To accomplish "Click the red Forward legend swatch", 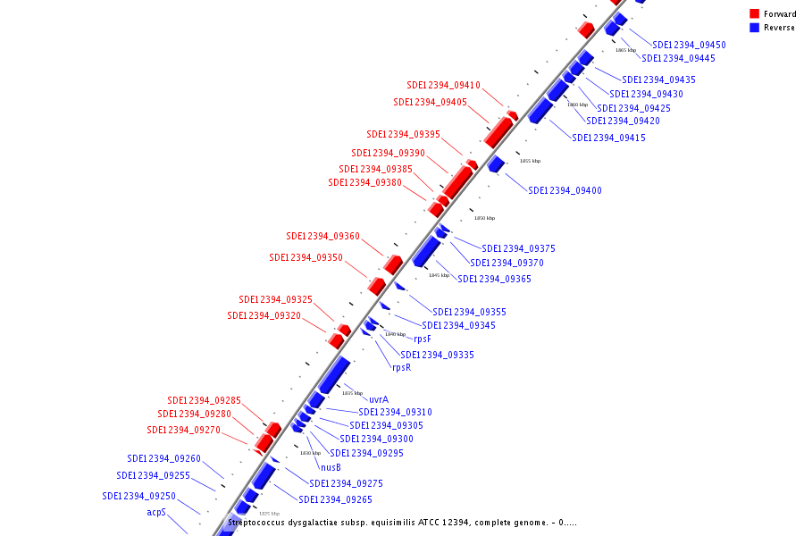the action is pos(755,13).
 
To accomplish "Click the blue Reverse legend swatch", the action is pos(755,28).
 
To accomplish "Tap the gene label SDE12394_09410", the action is pos(443,86).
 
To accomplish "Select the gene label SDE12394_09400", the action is pos(565,190).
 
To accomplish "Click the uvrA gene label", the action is pos(379,399).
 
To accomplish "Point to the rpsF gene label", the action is pos(423,339).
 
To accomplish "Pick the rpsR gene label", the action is pos(402,367).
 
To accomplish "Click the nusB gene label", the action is pos(331,467).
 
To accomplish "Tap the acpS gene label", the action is pos(156,513).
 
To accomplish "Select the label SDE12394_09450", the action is pos(689,45).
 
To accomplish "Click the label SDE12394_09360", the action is pos(322,237).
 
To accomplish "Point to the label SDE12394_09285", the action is pos(204,401).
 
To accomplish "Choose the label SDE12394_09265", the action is pos(335,499).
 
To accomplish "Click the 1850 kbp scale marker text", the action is pos(484,218).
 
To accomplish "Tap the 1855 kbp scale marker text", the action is pos(530,162).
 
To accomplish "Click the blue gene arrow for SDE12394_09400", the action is pos(496,163).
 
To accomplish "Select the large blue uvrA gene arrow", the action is pos(334,373).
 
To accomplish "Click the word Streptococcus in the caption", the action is pos(258,522).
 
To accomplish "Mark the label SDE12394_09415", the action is pos(608,138).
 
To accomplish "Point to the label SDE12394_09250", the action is pos(138,496).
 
